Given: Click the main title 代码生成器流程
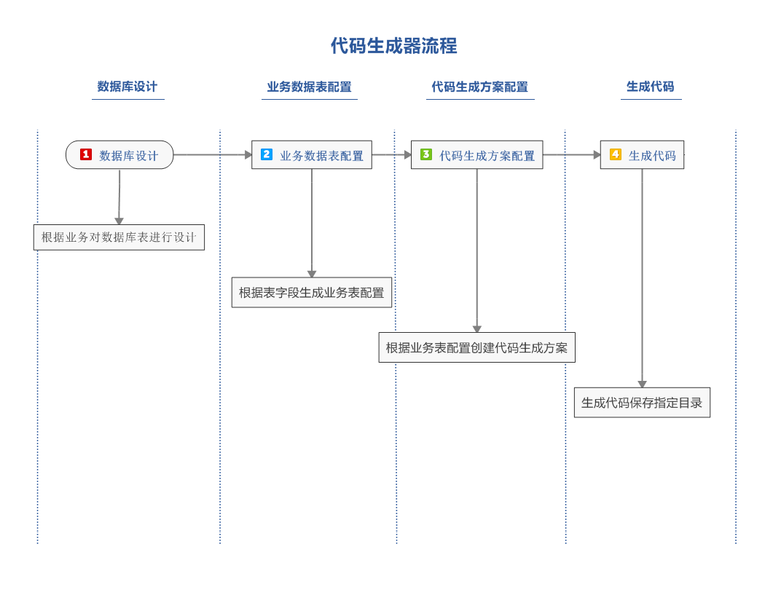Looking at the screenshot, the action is pyautogui.click(x=394, y=46).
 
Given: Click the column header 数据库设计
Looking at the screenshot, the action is pyautogui.click(x=127, y=87).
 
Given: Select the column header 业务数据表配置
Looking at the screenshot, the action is pyautogui.click(x=309, y=87).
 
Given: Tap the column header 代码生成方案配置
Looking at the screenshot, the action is pyautogui.click(x=479, y=87).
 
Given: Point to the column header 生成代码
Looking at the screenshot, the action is pyautogui.click(x=651, y=87).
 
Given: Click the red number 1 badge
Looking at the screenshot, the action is pyautogui.click(x=86, y=154).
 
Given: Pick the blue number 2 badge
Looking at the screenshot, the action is pyautogui.click(x=266, y=154).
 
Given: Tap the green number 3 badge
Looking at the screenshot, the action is pyautogui.click(x=426, y=154).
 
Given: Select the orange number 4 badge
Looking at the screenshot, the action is pyautogui.click(x=615, y=154).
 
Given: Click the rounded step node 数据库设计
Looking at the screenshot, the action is pyautogui.click(x=119, y=154).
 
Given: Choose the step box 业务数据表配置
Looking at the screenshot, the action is pyautogui.click(x=312, y=154).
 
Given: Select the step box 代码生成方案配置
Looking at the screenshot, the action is pyautogui.click(x=476, y=154).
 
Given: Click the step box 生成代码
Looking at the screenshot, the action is pyautogui.click(x=642, y=154).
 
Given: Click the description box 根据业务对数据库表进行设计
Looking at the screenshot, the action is pyautogui.click(x=119, y=237).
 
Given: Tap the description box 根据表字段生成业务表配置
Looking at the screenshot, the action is pyautogui.click(x=312, y=293).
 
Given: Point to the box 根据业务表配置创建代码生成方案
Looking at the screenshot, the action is pyautogui.click(x=476, y=348).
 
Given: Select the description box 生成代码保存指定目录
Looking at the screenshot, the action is pyautogui.click(x=642, y=403).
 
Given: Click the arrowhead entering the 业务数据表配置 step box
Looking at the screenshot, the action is pyautogui.click(x=248, y=154).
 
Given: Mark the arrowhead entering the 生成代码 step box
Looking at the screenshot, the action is pyautogui.click(x=597, y=154).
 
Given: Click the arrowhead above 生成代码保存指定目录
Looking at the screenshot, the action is pyautogui.click(x=642, y=385).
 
